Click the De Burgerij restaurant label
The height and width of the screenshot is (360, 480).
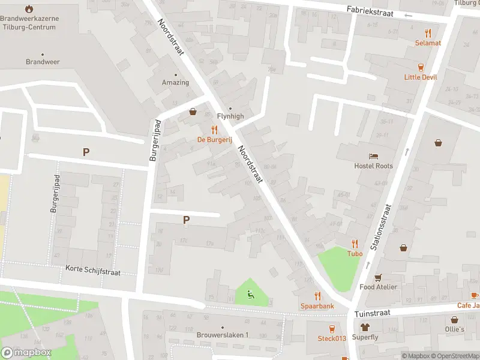click(x=214, y=139)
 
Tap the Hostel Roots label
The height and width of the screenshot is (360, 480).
click(x=373, y=166)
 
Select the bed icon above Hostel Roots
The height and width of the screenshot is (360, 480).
click(x=374, y=156)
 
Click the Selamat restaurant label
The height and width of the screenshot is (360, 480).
click(x=428, y=43)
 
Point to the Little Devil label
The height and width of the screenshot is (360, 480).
click(x=421, y=77)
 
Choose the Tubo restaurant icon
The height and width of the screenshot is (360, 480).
click(x=355, y=244)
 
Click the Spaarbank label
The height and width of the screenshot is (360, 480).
click(x=317, y=306)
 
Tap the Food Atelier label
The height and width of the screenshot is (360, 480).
click(x=378, y=287)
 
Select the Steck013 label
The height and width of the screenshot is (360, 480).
click(x=332, y=338)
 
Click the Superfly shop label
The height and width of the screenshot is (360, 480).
click(x=365, y=338)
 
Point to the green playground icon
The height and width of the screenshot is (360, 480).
click(x=251, y=295)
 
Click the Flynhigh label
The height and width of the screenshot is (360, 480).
click(x=230, y=116)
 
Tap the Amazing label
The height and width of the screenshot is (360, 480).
click(x=175, y=82)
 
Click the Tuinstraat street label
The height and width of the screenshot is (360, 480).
click(x=372, y=313)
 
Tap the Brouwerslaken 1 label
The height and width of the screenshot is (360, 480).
click(x=221, y=335)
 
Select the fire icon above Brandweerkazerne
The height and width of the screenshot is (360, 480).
click(x=29, y=9)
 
